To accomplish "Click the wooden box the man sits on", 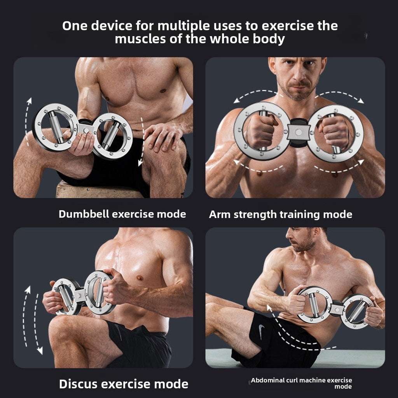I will tap(97, 190).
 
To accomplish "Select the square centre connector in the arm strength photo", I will tap(298, 132).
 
